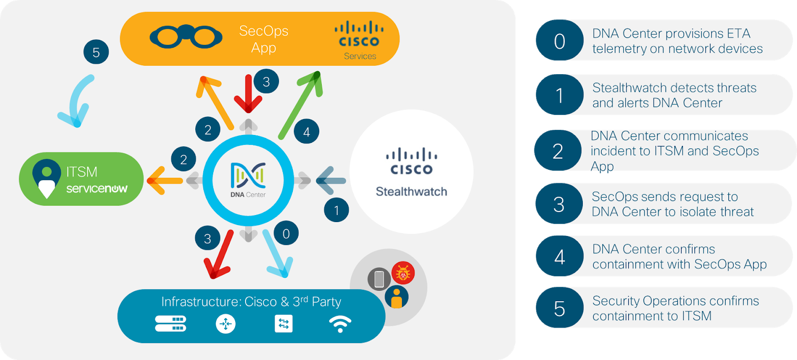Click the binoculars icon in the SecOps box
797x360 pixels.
(186, 36)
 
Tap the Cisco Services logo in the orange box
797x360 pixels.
(359, 40)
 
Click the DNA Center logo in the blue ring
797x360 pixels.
(248, 180)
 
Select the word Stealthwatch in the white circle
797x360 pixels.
(411, 192)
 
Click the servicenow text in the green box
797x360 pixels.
(97, 189)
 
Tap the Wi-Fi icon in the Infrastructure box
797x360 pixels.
(340, 324)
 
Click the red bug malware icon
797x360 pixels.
(402, 273)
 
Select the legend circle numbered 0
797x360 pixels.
(559, 41)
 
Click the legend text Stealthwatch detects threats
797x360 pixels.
(674, 88)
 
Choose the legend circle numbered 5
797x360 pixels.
(559, 309)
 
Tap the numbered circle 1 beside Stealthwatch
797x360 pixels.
(336, 210)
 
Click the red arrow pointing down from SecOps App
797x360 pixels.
(248, 95)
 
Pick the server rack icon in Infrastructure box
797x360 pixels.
(170, 324)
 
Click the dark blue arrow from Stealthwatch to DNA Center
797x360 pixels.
(329, 180)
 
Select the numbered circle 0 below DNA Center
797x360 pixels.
(286, 234)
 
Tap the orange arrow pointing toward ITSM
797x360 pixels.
(164, 180)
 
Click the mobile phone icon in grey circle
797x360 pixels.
(379, 279)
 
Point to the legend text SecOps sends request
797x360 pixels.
(664, 197)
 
